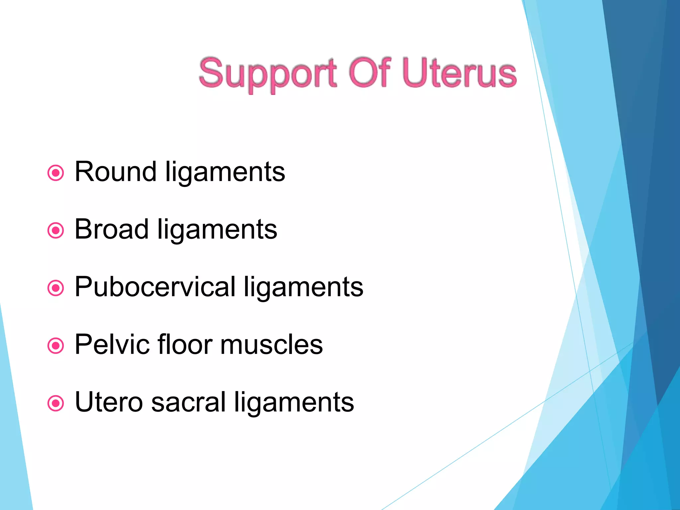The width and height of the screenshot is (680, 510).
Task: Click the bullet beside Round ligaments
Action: coord(55,173)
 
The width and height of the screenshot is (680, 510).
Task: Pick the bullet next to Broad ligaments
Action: coord(55,230)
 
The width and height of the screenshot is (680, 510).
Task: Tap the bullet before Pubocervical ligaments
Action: coord(55,288)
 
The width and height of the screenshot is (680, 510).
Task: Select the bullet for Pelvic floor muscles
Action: coord(55,346)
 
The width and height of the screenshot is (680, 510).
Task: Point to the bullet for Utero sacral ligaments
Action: coord(55,403)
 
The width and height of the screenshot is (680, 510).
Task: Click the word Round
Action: coord(116,172)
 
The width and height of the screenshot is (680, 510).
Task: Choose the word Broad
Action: coord(112,229)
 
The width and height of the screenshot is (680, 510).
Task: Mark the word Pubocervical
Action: coord(155,287)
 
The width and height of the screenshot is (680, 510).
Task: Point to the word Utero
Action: coord(109,402)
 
